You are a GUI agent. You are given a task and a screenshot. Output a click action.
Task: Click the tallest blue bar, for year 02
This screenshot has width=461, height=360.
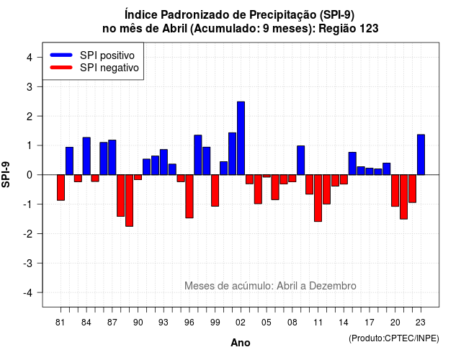click(x=241, y=138)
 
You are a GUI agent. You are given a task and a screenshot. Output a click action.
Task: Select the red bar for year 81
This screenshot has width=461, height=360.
click(x=61, y=187)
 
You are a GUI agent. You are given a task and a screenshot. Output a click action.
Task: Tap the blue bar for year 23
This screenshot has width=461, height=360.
click(x=421, y=155)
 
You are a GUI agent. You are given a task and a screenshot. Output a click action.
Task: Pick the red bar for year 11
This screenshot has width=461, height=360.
click(x=318, y=198)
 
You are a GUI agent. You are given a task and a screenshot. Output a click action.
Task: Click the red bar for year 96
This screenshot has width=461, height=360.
click(x=189, y=197)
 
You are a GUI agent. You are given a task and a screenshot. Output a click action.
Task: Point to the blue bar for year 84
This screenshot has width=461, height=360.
click(x=86, y=156)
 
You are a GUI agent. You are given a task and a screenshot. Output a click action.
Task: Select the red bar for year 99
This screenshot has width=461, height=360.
click(x=215, y=190)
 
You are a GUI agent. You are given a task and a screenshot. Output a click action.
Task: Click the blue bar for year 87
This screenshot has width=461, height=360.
click(x=112, y=158)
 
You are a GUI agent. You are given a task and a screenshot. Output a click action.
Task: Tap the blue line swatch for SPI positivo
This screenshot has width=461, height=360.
click(x=61, y=55)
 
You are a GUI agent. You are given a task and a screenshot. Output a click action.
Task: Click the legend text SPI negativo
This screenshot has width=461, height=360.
click(x=109, y=68)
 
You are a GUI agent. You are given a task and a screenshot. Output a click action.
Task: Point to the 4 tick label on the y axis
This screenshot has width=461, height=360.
click(x=30, y=58)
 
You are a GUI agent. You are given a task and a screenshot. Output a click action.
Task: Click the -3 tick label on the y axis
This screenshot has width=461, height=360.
click(x=28, y=263)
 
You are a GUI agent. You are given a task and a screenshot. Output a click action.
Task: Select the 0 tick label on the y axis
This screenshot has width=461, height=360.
click(x=30, y=175)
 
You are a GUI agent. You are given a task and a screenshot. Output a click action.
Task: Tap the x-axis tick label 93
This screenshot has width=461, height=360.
click(x=164, y=323)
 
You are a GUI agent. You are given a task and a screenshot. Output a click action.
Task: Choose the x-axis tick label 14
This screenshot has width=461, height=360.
click(x=344, y=323)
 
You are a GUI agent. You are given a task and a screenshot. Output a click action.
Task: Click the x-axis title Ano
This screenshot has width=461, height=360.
click(x=241, y=343)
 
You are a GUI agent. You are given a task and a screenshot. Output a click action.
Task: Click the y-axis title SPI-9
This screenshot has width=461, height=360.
click(x=6, y=174)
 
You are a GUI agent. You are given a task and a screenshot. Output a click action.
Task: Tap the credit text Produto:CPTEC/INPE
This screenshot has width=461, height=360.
click(x=394, y=338)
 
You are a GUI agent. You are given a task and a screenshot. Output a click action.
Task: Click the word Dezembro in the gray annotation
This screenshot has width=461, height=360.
click(x=333, y=286)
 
